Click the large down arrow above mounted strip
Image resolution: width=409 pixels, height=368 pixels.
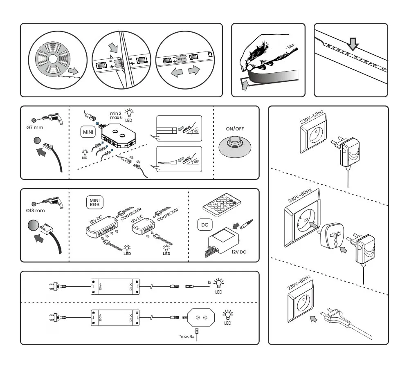point(353,43)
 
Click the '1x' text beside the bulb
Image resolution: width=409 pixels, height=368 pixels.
point(209,283)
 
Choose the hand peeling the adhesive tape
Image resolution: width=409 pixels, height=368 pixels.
point(262,55)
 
